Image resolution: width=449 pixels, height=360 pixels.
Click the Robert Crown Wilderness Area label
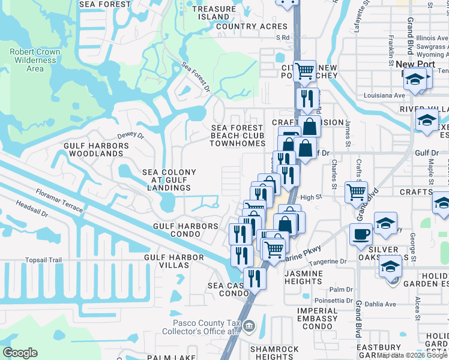[35, 60]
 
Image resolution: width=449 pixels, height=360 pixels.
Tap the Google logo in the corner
[20, 353]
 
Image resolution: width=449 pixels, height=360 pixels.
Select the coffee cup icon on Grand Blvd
[361, 233]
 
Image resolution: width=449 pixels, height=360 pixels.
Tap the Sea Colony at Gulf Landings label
[169, 180]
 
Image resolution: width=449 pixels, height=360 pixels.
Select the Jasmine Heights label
[304, 277]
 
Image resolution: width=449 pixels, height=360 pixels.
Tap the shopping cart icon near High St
[356, 192]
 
